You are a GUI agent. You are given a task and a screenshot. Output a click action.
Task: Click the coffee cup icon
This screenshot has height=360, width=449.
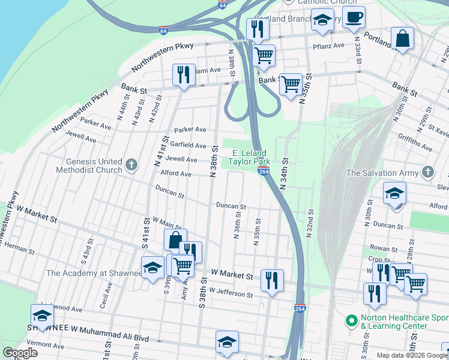click(x=354, y=17)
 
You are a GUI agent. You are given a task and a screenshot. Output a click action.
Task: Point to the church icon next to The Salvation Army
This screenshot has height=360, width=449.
click(x=427, y=173)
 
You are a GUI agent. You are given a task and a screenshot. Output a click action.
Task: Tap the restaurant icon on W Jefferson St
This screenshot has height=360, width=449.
click(x=272, y=280)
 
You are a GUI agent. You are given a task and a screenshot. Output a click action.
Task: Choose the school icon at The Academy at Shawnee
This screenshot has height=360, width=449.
click(x=152, y=267)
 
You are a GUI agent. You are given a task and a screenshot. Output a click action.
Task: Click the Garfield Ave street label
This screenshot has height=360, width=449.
click(x=188, y=145)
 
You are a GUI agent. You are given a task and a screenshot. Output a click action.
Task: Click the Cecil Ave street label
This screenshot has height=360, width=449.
click(x=108, y=292)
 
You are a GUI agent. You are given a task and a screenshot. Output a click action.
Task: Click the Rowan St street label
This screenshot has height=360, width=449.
click(x=381, y=247)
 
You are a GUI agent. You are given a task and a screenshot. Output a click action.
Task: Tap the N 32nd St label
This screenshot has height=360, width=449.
click(x=311, y=223)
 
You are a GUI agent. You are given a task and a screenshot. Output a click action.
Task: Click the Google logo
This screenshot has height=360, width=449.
click(x=20, y=353)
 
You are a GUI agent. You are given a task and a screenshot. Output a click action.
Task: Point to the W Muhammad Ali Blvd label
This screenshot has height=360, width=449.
click(x=111, y=328)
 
